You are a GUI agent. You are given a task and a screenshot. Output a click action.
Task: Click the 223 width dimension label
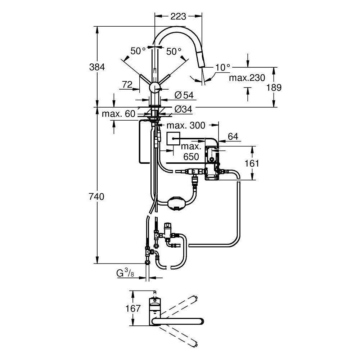coord(178,17)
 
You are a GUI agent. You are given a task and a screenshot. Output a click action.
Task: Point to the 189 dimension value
coord(274,87)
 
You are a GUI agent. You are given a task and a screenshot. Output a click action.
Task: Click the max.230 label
coord(248,78)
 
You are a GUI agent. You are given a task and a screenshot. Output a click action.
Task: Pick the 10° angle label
coord(223,67)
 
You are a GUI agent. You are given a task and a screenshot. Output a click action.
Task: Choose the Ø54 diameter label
coord(184,95)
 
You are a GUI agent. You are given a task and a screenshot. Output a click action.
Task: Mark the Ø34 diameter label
coord(184,108)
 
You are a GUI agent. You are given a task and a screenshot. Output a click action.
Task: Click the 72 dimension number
coord(127,85)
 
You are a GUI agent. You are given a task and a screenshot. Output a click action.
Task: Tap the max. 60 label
coord(118,114)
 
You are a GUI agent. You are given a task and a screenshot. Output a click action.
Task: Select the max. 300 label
coord(186,125)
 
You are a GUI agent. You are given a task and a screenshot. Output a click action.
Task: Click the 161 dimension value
coord(252,163)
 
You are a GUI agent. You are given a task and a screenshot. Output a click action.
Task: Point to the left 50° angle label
coord(138,51)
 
